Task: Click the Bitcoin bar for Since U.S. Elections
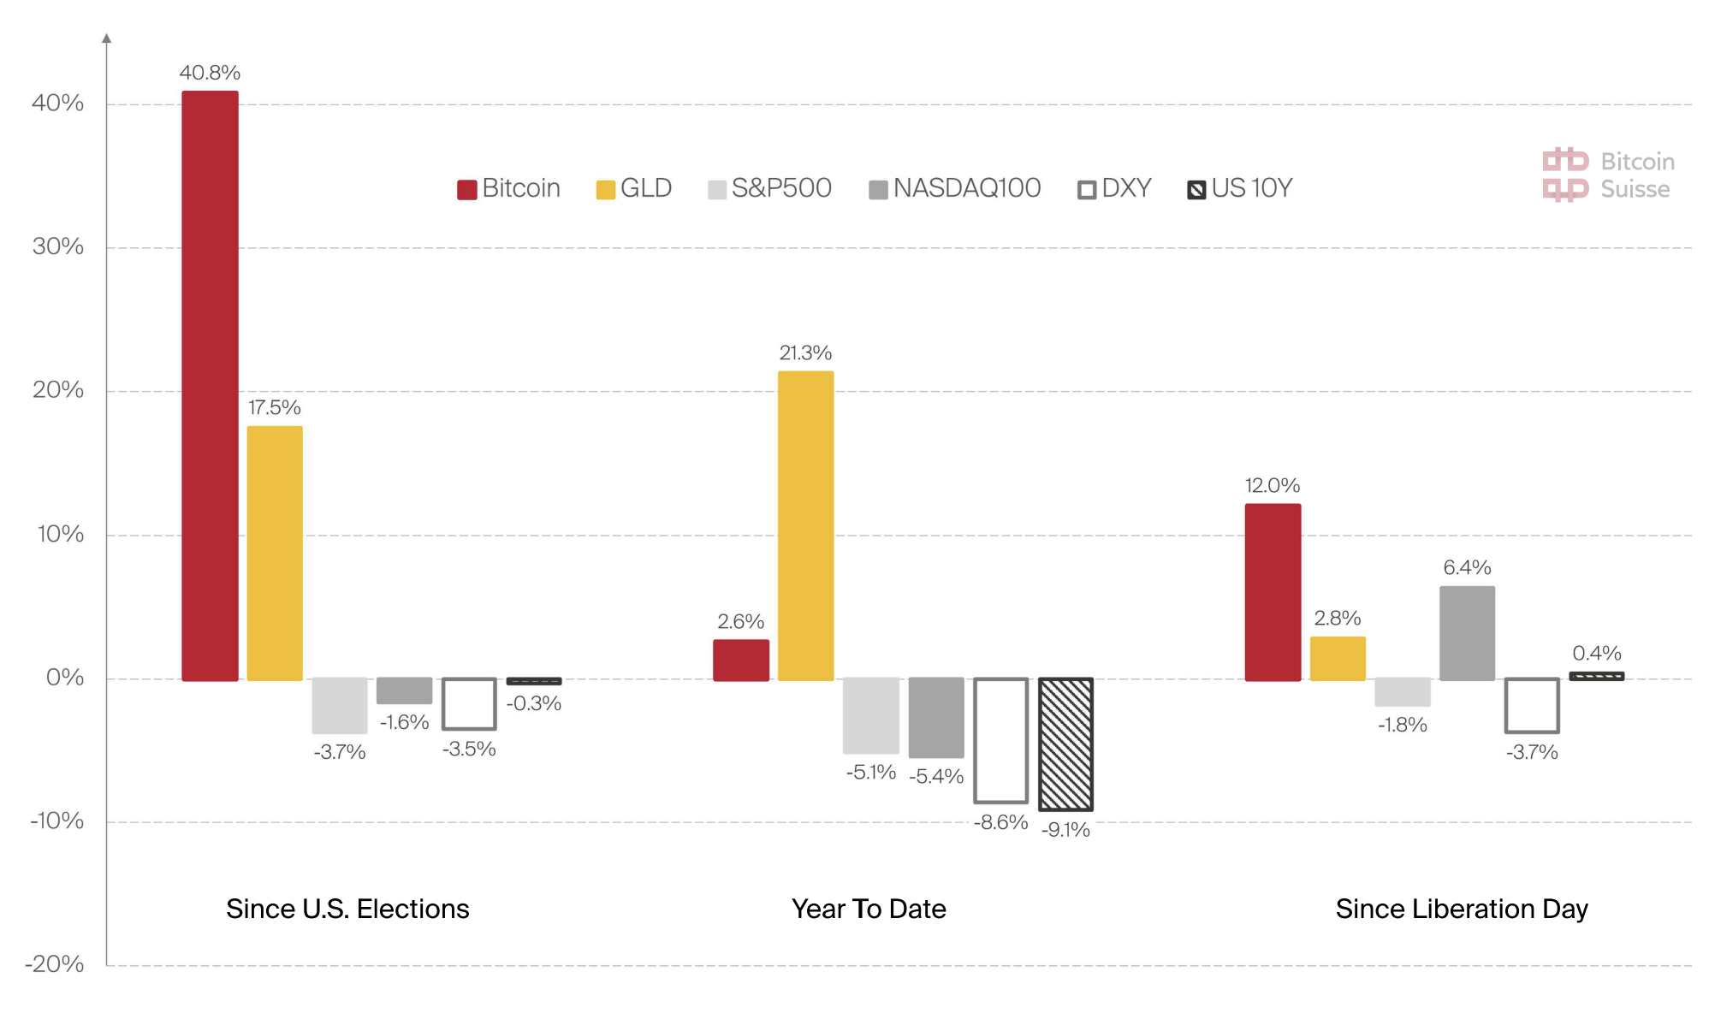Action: [210, 385]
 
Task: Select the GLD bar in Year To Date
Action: [805, 525]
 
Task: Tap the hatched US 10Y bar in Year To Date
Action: [1065, 744]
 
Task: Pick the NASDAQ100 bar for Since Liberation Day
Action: [1467, 633]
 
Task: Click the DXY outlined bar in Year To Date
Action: [1000, 740]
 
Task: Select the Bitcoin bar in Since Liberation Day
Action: [1273, 592]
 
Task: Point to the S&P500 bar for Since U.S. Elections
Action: [340, 705]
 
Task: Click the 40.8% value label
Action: [210, 73]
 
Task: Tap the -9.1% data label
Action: [1065, 830]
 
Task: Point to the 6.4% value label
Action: [1467, 567]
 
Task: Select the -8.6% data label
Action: [1000, 822]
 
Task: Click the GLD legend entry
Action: [634, 188]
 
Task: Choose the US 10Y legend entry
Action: [1240, 188]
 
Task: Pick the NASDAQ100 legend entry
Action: [955, 188]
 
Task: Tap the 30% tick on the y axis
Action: [58, 246]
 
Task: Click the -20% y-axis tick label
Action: [55, 964]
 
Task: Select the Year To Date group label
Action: [869, 909]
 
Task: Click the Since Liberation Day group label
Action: [1462, 909]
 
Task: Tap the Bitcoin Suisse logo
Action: [1608, 175]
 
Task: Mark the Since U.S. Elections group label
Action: [347, 909]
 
